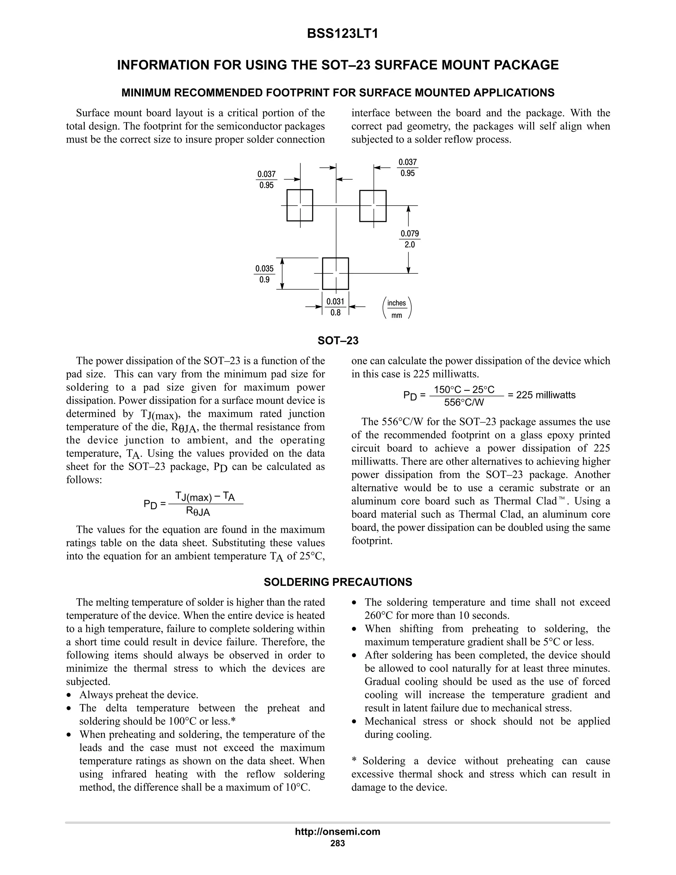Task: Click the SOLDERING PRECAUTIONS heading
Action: pyautogui.click(x=338, y=582)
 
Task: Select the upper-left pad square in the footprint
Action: pyautogui.click(x=300, y=205)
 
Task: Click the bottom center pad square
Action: pyautogui.click(x=336, y=273)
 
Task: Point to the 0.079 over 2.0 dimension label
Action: pyautogui.click(x=410, y=239)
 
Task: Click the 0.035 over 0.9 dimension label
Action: pyautogui.click(x=264, y=274)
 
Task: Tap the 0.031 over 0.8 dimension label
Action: pyautogui.click(x=336, y=307)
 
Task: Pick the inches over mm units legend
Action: pyautogui.click(x=396, y=308)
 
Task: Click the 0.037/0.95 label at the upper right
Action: pyautogui.click(x=408, y=168)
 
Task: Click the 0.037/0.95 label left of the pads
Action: pyautogui.click(x=266, y=180)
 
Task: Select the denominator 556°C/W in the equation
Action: pyautogui.click(x=464, y=402)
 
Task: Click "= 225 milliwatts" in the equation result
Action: pyautogui.click(x=541, y=395)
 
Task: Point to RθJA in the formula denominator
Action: pyautogui.click(x=198, y=511)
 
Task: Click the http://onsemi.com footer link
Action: pyautogui.click(x=338, y=832)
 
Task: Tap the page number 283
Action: pyautogui.click(x=338, y=843)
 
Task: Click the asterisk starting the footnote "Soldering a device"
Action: pyautogui.click(x=354, y=761)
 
